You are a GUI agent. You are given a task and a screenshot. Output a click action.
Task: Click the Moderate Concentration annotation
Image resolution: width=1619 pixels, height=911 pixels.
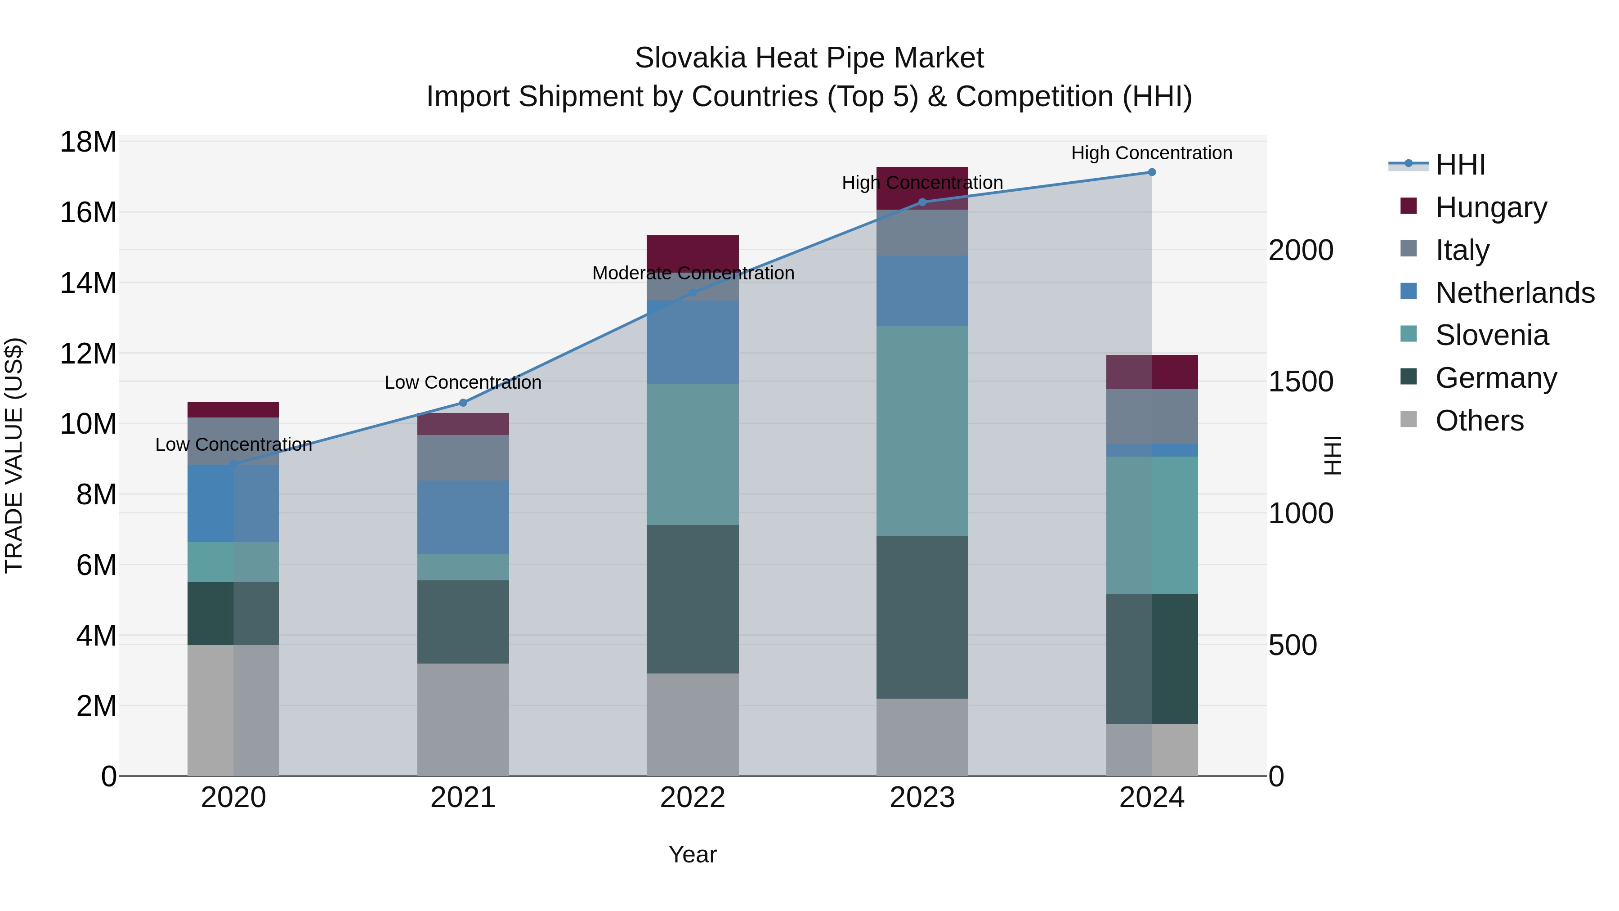coord(693,274)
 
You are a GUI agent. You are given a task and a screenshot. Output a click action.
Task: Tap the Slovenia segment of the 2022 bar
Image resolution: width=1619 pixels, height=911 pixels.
coord(693,454)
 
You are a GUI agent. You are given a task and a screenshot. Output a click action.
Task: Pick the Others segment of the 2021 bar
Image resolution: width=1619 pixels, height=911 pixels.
coord(463,719)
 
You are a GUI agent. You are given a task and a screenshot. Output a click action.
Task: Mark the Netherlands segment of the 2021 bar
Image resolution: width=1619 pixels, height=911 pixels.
coord(463,517)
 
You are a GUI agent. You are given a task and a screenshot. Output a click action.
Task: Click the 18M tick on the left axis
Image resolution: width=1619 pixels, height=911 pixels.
coord(88,142)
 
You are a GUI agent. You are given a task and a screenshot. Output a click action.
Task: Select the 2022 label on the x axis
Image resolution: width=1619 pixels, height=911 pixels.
coord(693,798)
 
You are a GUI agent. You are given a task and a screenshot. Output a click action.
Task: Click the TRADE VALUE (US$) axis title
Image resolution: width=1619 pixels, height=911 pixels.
coord(14,455)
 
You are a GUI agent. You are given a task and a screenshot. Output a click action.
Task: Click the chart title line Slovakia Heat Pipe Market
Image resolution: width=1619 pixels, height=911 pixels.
coord(809,58)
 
